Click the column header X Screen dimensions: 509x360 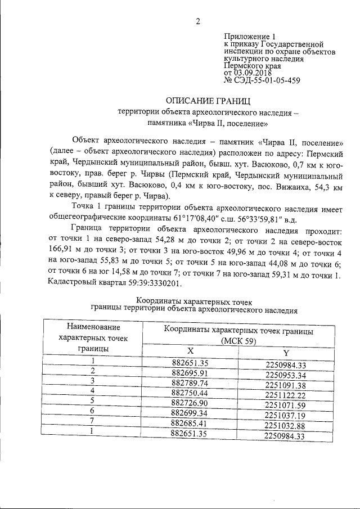pos(190,352)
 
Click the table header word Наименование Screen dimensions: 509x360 pos(93,327)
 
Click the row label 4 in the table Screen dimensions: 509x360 pos(93,390)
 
